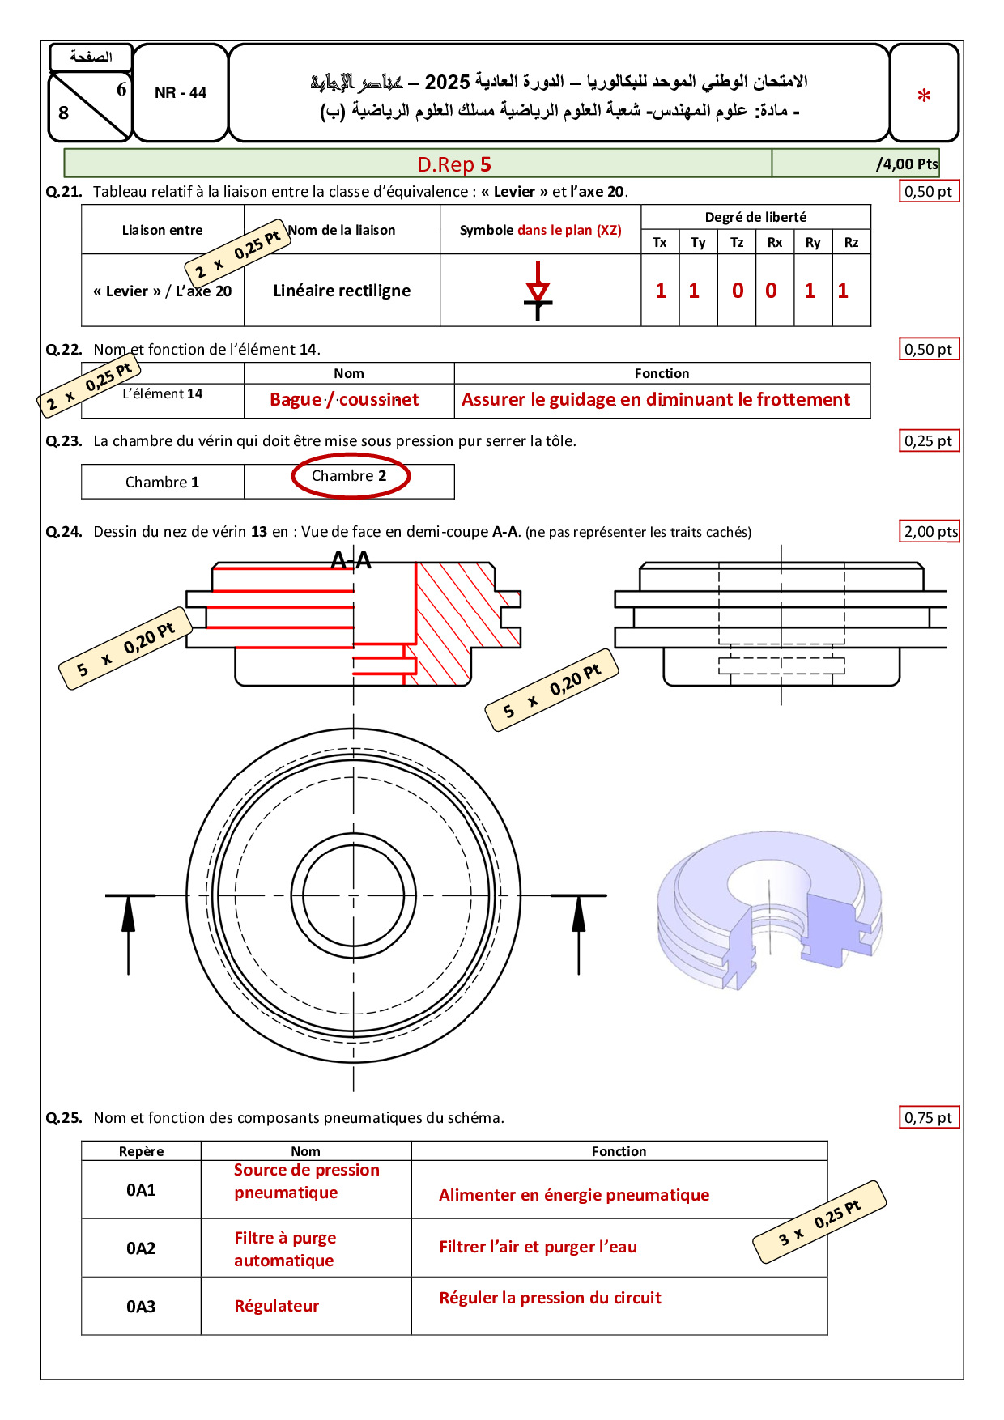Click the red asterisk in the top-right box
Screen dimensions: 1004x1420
point(924,96)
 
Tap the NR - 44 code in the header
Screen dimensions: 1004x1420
point(181,93)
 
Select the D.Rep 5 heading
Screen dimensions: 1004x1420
point(454,164)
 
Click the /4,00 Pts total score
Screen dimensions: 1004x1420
point(907,164)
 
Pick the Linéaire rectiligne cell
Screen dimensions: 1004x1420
point(342,291)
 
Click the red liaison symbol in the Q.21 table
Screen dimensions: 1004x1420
point(538,290)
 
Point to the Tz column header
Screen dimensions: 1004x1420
point(737,242)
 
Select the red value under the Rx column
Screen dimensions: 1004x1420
point(771,291)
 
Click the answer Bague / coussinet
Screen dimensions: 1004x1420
point(344,400)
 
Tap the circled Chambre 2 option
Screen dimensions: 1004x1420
point(350,476)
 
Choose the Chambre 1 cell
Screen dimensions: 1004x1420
point(162,483)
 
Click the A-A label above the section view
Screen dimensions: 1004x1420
point(351,559)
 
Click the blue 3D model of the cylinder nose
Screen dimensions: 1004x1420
point(769,909)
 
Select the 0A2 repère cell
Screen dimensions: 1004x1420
point(141,1248)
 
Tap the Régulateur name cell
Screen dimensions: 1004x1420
point(276,1306)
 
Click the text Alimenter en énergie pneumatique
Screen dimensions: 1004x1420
point(574,1195)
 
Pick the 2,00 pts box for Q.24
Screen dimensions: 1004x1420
point(930,532)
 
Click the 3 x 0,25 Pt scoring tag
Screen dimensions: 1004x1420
point(819,1222)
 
